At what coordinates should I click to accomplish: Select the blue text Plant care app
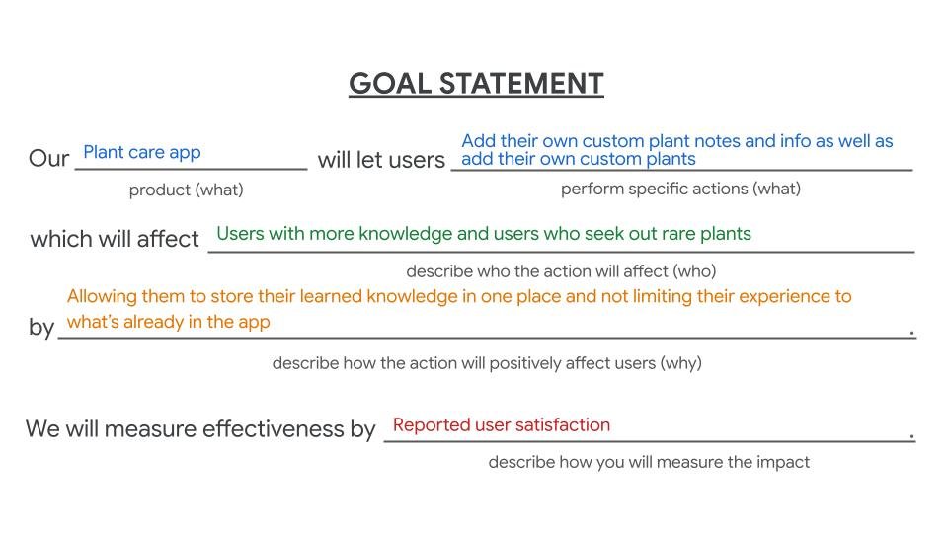click(141, 152)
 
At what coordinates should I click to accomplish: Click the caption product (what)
click(186, 190)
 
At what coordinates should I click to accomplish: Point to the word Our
click(48, 159)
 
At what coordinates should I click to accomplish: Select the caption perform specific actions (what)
click(680, 189)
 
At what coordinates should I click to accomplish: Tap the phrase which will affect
click(115, 239)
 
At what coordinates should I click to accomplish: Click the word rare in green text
click(668, 234)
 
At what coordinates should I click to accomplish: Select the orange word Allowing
click(103, 296)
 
